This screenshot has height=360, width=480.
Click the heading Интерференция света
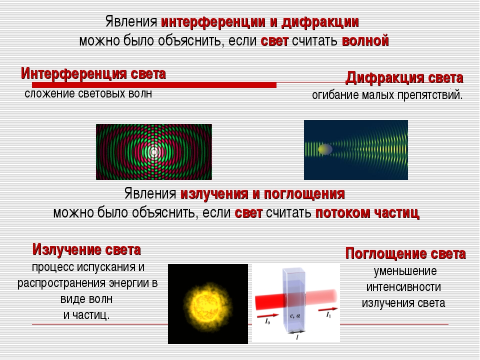click(93, 74)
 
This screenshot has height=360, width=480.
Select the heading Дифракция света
click(404, 78)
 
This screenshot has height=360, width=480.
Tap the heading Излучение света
click(86, 250)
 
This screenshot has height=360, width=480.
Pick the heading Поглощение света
click(405, 254)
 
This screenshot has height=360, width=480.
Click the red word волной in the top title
click(365, 40)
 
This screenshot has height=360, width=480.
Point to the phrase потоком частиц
click(367, 213)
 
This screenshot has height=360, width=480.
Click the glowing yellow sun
click(207, 306)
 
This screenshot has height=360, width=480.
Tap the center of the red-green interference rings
click(154, 152)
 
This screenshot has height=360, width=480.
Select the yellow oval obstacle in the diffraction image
click(325, 149)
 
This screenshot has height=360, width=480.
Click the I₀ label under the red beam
click(267, 321)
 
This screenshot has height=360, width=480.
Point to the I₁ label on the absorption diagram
click(328, 315)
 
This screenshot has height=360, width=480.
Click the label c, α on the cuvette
click(295, 315)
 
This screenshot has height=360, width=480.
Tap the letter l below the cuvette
click(297, 337)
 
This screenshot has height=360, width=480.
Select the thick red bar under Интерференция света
click(154, 85)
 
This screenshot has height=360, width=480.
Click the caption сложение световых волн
click(88, 93)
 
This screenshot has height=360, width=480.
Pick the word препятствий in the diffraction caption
click(430, 95)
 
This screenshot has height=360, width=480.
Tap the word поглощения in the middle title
click(304, 194)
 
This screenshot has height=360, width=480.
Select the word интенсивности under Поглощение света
click(403, 287)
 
